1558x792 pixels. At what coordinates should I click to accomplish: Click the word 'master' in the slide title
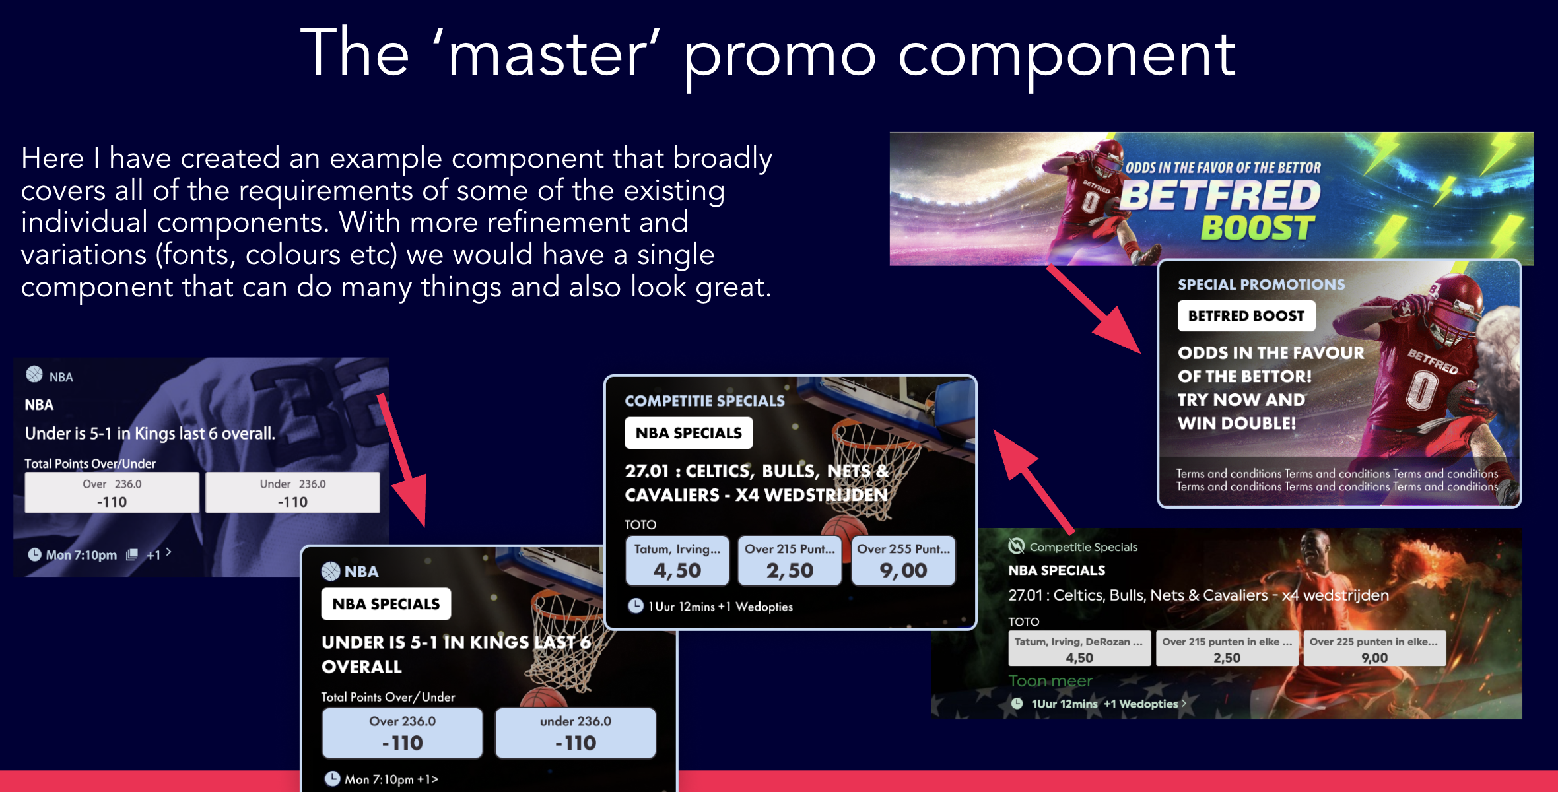click(x=547, y=54)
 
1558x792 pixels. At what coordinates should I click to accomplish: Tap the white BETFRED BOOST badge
click(x=1246, y=316)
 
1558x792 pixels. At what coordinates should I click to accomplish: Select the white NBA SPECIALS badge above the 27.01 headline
click(x=689, y=433)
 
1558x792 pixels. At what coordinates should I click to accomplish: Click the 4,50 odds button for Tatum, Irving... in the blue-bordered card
click(x=677, y=560)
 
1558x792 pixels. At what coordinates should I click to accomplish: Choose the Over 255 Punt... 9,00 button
click(x=903, y=560)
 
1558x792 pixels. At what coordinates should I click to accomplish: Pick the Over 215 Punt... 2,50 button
click(x=790, y=560)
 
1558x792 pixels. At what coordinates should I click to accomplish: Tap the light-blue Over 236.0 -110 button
click(x=402, y=733)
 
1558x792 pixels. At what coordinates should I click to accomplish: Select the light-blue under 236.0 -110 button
click(x=576, y=733)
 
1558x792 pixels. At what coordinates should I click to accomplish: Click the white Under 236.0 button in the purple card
click(x=292, y=492)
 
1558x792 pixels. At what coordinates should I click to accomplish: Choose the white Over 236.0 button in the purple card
click(x=112, y=492)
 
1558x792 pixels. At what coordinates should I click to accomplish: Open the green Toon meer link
click(x=1050, y=680)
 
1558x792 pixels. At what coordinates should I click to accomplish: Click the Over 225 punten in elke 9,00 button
click(x=1374, y=648)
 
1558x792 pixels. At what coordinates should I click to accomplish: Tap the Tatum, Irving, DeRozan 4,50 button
click(x=1079, y=648)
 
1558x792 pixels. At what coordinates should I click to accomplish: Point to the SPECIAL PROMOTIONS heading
click(x=1261, y=284)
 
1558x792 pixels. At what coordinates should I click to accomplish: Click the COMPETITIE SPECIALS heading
click(x=704, y=401)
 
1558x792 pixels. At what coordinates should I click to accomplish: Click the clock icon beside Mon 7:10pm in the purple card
click(x=34, y=554)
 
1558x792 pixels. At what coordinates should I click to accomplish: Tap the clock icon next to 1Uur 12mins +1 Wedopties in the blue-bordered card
click(x=635, y=605)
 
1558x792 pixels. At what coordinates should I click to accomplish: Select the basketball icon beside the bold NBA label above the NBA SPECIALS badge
click(x=330, y=571)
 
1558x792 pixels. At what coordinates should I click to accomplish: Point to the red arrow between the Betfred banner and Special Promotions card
click(x=1094, y=308)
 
